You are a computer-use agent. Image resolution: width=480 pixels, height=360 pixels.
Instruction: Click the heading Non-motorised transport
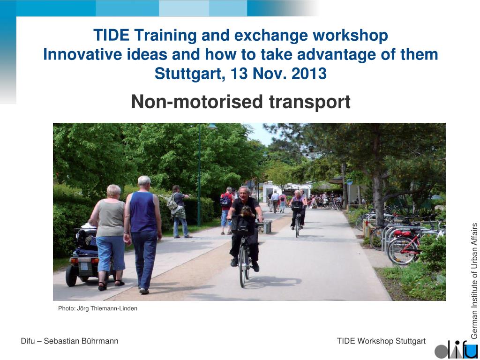(x=240, y=101)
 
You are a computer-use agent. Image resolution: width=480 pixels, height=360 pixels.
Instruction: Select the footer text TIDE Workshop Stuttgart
(x=381, y=341)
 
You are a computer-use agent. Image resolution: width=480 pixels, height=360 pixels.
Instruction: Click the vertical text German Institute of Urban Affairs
(x=474, y=281)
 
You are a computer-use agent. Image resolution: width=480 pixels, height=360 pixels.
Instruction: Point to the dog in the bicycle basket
(x=246, y=212)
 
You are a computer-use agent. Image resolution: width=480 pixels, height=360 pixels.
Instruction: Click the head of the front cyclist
(x=244, y=193)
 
